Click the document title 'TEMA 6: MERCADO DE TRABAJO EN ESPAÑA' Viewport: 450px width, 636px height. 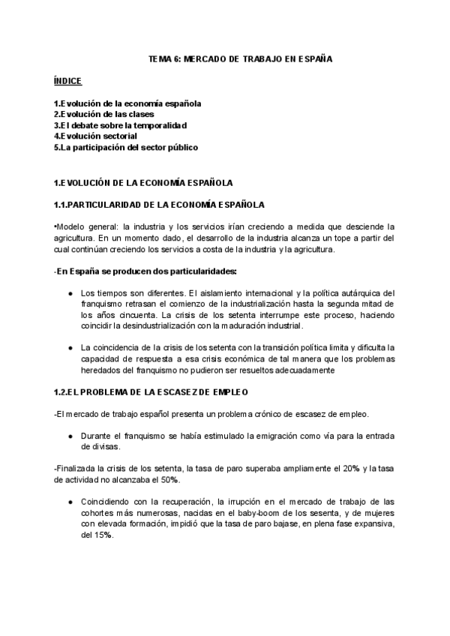(x=224, y=58)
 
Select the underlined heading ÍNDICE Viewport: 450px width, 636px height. (x=67, y=80)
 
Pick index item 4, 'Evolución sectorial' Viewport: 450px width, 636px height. (x=95, y=136)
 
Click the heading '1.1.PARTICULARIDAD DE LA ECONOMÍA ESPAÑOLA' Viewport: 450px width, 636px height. (x=159, y=204)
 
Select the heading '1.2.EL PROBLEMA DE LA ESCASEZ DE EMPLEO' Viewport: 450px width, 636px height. (x=151, y=392)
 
